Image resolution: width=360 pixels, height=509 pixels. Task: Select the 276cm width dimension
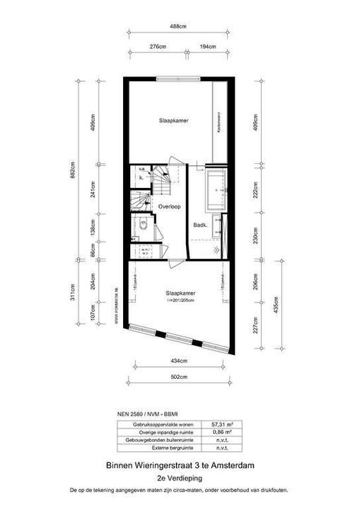point(158,46)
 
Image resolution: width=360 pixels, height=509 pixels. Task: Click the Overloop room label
point(170,207)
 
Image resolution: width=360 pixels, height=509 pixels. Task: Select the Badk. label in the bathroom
point(199,226)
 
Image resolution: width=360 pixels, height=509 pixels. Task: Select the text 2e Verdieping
point(180,478)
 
